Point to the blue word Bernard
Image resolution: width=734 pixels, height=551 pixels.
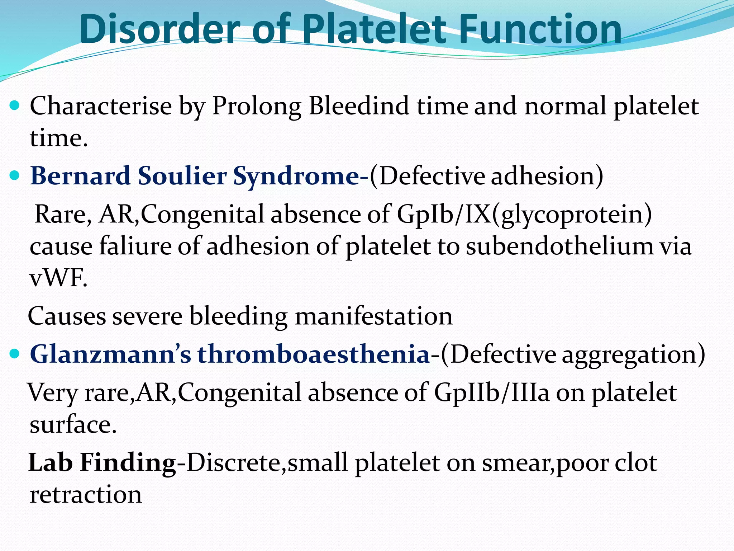coord(80,176)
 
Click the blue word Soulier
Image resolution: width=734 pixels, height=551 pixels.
coord(182,176)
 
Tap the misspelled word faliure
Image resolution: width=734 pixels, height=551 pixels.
coord(135,246)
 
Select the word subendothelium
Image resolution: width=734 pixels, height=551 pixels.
coord(559,246)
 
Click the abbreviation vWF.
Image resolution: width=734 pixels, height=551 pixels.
coord(58,279)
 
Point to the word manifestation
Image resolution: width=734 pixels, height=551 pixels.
coord(373,316)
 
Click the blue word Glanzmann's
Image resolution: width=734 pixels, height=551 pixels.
coord(110,354)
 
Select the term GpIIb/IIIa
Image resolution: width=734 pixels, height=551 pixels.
coord(491,392)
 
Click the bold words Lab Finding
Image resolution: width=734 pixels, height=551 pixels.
coord(102,463)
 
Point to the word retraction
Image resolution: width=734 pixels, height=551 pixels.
coord(86,495)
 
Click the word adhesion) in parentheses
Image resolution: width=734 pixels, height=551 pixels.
coord(547,176)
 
